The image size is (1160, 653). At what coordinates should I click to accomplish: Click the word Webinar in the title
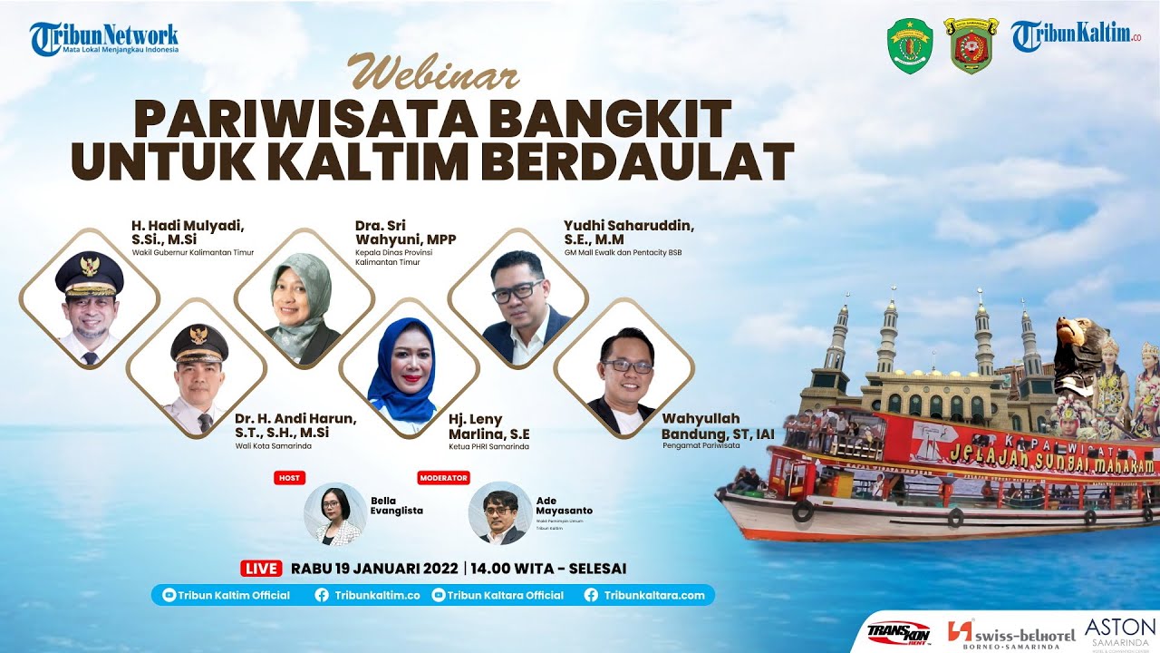pyautogui.click(x=434, y=73)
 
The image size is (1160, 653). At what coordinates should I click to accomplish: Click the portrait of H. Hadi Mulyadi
pyautogui.click(x=89, y=298)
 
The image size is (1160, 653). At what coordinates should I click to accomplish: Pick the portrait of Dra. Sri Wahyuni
pyautogui.click(x=304, y=297)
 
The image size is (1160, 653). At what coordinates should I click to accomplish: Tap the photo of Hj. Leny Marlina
pyautogui.click(x=409, y=368)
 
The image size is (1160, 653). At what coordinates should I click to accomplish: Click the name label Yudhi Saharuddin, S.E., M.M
pyautogui.click(x=628, y=232)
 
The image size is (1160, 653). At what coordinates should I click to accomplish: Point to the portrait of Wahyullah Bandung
pyautogui.click(x=623, y=368)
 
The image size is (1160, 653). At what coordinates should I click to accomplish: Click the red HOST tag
pyautogui.click(x=289, y=477)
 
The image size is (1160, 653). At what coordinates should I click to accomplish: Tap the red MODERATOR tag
pyautogui.click(x=444, y=477)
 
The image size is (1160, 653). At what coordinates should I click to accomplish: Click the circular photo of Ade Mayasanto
pyautogui.click(x=499, y=513)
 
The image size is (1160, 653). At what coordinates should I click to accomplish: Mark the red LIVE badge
pyautogui.click(x=262, y=569)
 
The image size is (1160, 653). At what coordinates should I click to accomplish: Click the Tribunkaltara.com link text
pyautogui.click(x=653, y=595)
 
